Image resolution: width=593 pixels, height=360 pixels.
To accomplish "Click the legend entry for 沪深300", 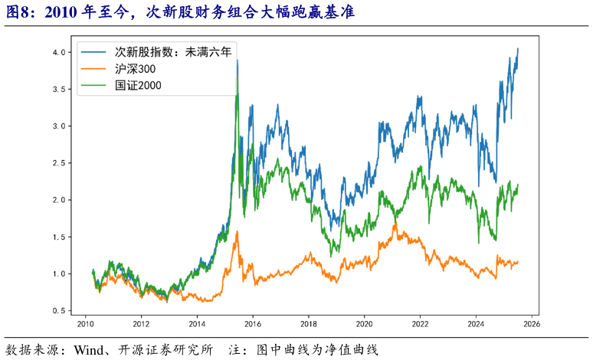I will point(135,69).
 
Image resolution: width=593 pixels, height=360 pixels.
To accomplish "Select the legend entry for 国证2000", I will point(137,85).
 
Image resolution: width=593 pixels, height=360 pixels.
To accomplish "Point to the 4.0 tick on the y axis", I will point(59,52).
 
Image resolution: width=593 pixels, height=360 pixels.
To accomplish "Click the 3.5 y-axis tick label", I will point(59,89).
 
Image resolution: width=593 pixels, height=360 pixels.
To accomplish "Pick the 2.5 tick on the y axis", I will point(59,163).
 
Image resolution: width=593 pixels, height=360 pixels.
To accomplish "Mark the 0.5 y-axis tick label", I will point(59,311).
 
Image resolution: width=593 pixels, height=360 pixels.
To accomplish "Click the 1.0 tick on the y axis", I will point(59,274).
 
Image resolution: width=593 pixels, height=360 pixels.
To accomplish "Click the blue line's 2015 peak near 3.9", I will point(238,61).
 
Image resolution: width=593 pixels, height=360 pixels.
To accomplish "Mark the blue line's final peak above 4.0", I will point(518,49).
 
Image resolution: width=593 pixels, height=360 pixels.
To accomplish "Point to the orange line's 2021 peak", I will point(395,224).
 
